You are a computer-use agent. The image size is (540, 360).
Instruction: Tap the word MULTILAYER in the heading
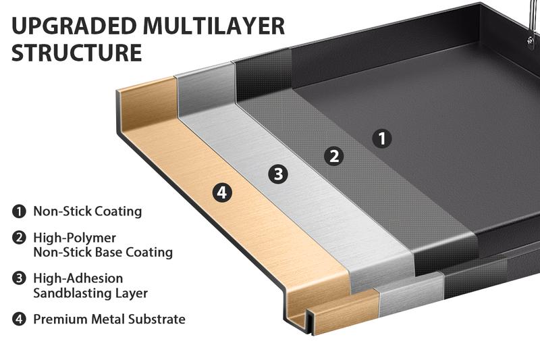click(216, 26)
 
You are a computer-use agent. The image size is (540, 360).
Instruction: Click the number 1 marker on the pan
click(382, 139)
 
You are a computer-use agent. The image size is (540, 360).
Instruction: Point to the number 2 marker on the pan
click(333, 157)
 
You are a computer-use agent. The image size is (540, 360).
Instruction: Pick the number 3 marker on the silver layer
click(277, 174)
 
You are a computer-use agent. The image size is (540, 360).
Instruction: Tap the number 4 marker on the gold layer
click(223, 192)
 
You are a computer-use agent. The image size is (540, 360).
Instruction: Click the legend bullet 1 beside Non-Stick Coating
click(19, 211)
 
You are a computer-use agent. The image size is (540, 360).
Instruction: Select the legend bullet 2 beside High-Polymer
click(19, 238)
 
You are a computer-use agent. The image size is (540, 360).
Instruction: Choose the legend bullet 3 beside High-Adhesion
click(19, 278)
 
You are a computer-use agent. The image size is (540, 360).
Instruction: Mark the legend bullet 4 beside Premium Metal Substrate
click(19, 319)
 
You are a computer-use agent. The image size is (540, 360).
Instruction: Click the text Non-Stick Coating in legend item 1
click(88, 211)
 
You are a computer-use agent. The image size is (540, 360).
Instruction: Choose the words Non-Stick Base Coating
click(103, 253)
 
